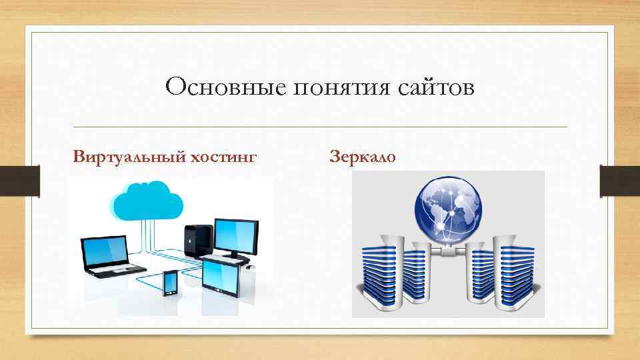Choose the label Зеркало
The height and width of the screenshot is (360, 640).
pos(363,158)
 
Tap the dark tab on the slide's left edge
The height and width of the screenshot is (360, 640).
pos(33,181)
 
